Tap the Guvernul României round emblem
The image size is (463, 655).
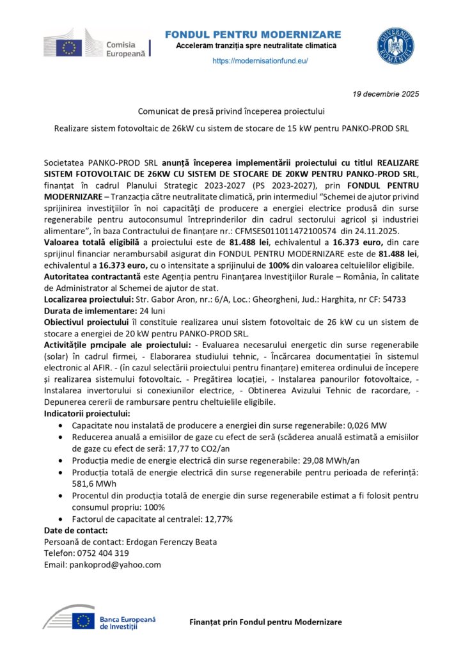[x=395, y=46]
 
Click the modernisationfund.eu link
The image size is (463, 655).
[x=260, y=61]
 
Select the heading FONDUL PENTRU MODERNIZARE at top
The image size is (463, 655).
[x=253, y=34]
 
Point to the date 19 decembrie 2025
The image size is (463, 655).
[x=386, y=94]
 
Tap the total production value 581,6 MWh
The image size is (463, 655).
[x=94, y=484]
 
